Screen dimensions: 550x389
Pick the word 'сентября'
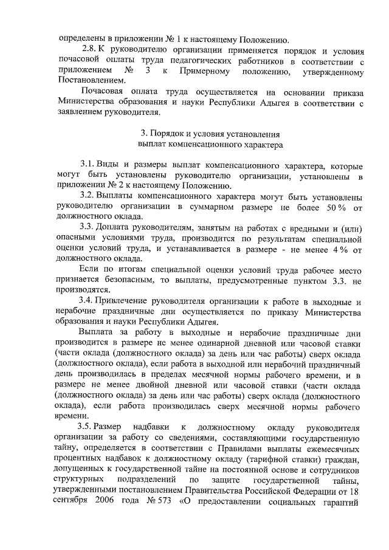(x=72, y=522)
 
